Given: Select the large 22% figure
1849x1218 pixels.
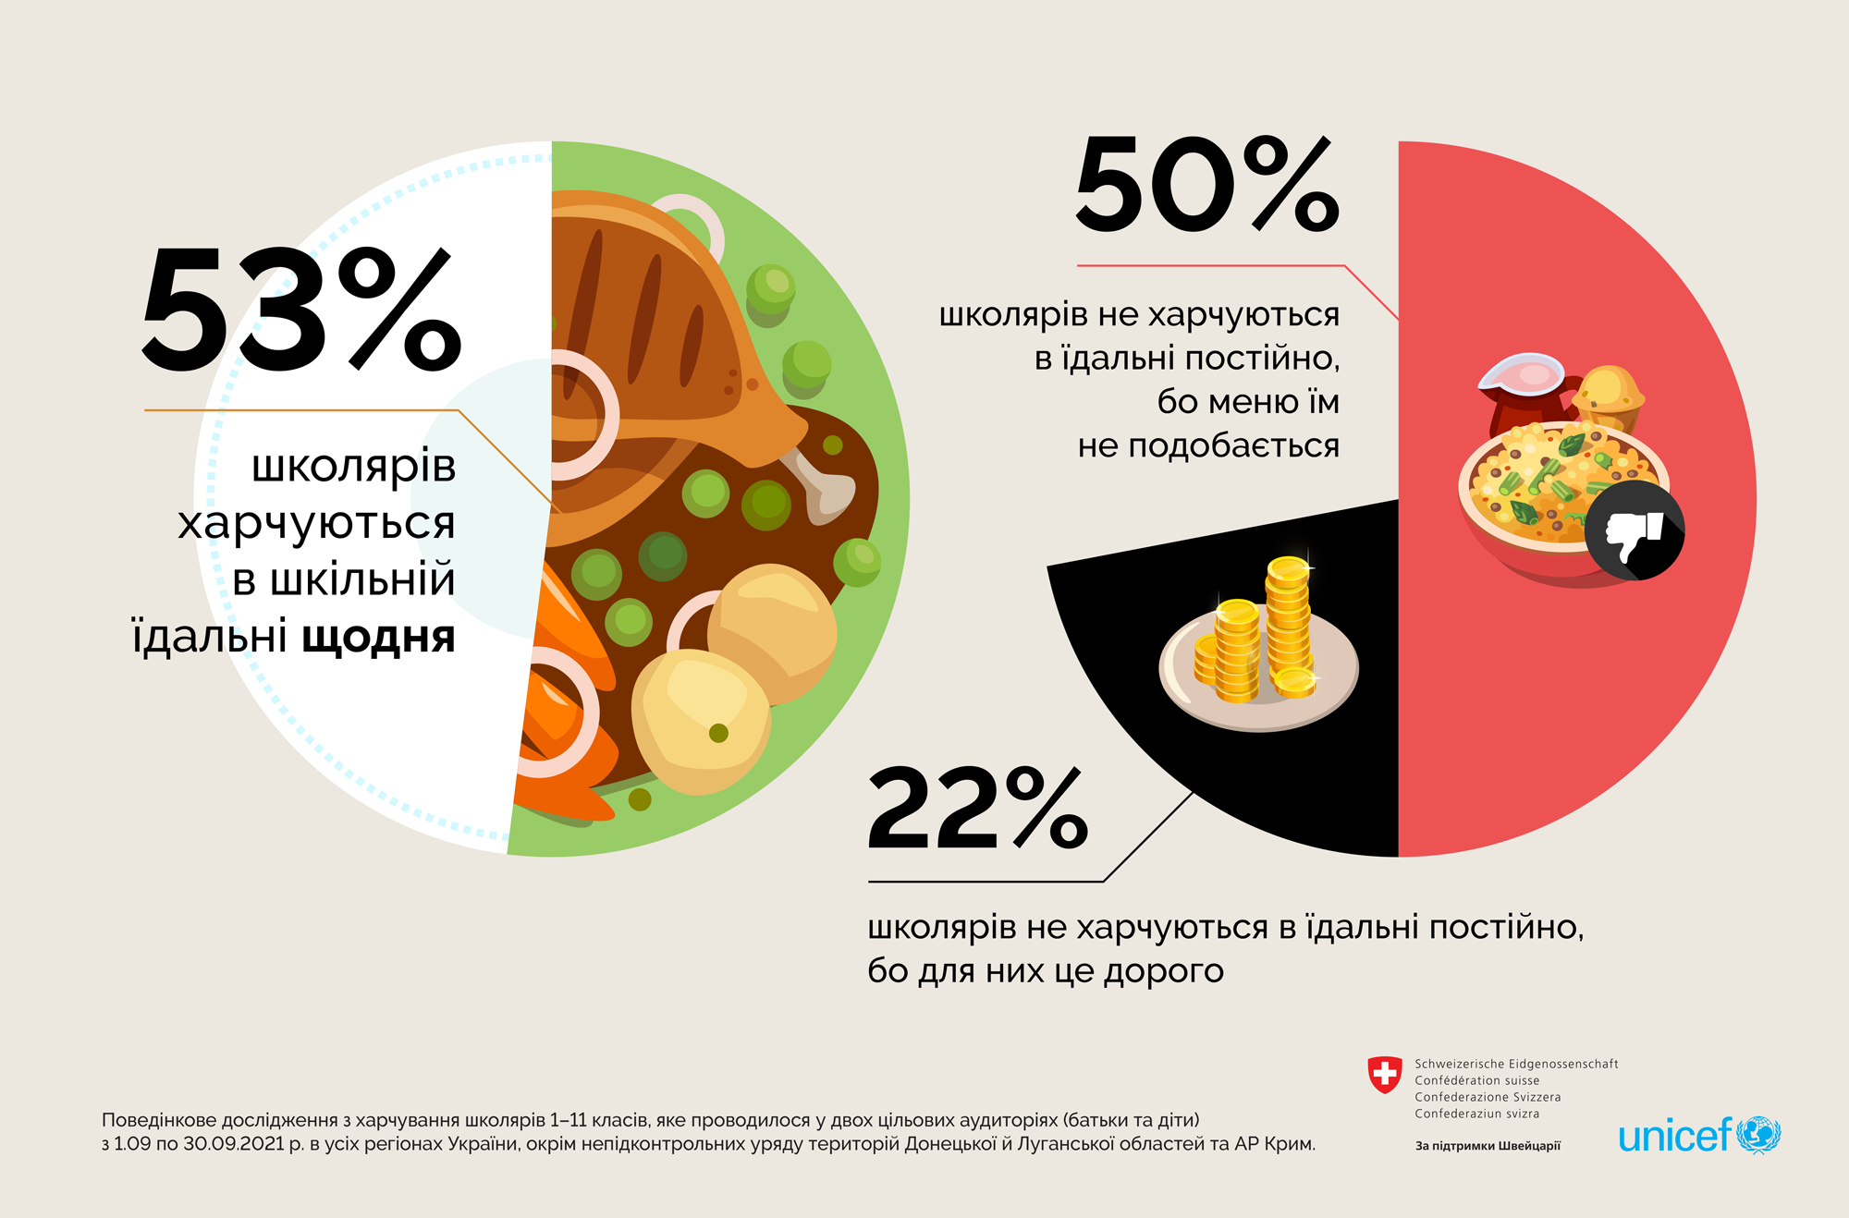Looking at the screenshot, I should pyautogui.click(x=977, y=809).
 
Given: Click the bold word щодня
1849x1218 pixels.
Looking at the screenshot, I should pyautogui.click(x=379, y=638).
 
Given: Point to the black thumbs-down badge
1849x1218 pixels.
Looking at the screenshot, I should pyautogui.click(x=1635, y=530).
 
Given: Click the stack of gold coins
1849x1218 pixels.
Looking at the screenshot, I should pyautogui.click(x=1257, y=638).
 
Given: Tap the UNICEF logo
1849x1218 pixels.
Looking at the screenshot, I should pyautogui.click(x=1698, y=1135).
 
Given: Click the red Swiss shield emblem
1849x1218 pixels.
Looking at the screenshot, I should pyautogui.click(x=1384, y=1075).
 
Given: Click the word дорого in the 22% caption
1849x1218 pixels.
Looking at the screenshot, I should pyautogui.click(x=1164, y=971).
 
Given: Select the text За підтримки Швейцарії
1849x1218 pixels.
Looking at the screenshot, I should pyautogui.click(x=1488, y=1146).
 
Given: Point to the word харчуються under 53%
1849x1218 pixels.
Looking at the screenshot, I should pyautogui.click(x=316, y=524).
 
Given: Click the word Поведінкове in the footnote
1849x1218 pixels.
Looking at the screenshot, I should pyautogui.click(x=160, y=1120).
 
